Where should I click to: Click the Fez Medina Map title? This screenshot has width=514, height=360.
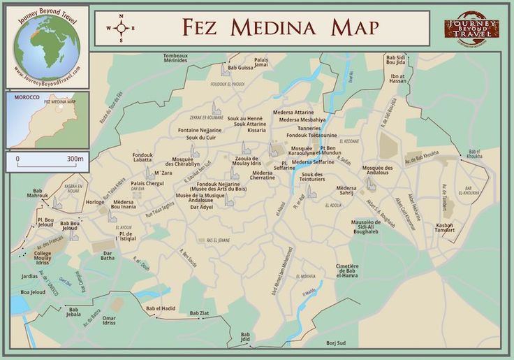tap(280, 27)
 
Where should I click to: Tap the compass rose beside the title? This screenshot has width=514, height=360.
tap(121, 28)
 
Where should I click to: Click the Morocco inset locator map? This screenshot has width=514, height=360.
tap(47, 120)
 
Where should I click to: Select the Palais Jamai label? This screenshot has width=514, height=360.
tap(260, 62)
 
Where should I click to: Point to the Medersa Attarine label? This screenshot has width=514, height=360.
tap(293, 112)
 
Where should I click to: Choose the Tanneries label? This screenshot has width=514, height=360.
tap(309, 127)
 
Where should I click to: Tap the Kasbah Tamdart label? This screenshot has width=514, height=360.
tap(445, 227)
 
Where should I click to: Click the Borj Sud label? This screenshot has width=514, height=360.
tap(336, 343)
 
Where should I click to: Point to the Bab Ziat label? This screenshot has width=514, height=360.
tap(199, 312)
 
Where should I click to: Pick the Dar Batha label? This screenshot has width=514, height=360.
tap(108, 256)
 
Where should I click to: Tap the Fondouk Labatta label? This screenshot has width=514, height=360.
tap(142, 157)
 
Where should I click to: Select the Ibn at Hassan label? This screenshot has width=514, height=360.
tap(398, 78)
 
